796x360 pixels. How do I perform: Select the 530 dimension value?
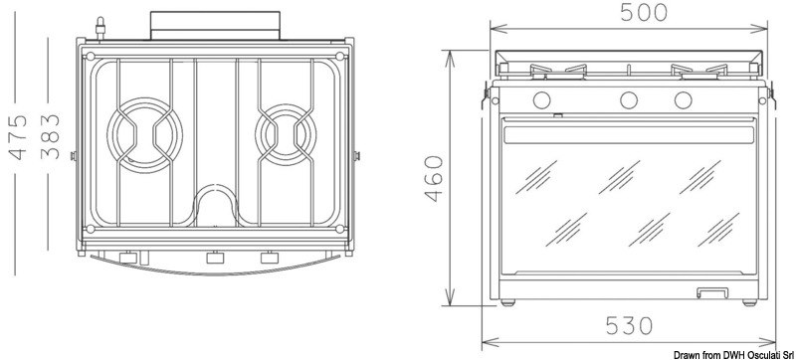[628, 325]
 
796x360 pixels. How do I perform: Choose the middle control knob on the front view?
[629, 99]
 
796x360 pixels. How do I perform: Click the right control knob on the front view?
[683, 99]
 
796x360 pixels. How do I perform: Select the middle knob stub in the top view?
[212, 260]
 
